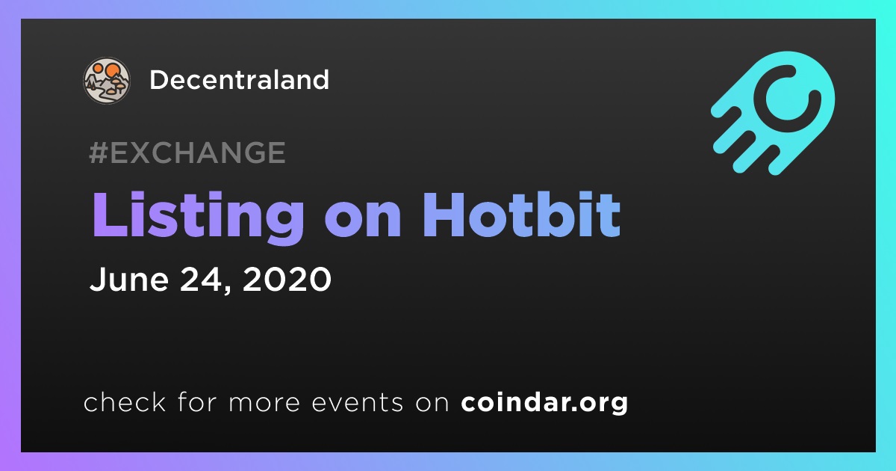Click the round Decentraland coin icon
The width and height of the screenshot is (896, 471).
click(106, 80)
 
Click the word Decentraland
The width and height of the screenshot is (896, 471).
click(239, 80)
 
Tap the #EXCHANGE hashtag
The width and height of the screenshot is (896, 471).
click(187, 153)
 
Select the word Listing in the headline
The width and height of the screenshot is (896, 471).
click(198, 217)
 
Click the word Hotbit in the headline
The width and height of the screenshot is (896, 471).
click(522, 215)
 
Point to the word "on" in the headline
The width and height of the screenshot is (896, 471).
click(363, 221)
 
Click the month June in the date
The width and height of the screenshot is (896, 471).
click(128, 278)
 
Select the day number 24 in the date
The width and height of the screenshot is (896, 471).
click(201, 278)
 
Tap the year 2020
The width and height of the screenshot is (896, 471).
click(287, 279)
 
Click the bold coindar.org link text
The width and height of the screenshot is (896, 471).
click(544, 402)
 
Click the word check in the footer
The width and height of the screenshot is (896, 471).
click(125, 401)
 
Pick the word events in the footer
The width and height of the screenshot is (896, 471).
click(357, 402)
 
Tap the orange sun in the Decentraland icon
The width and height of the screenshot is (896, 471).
click(111, 70)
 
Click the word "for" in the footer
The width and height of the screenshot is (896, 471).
click(197, 401)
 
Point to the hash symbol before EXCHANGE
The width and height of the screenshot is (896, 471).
click(99, 153)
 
